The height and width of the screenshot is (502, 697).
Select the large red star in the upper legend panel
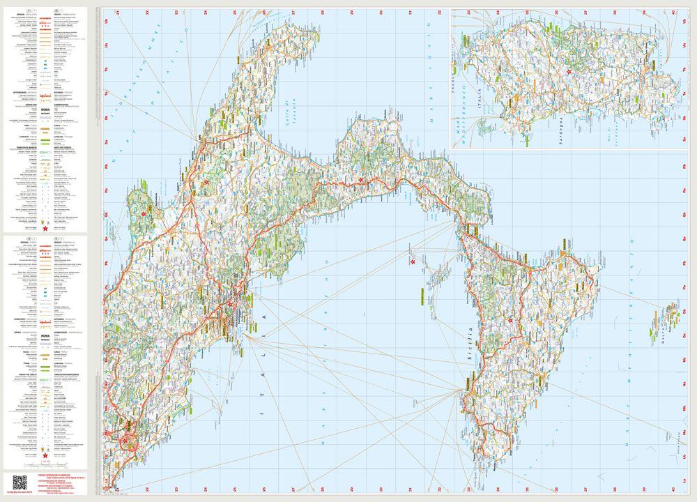tap(45, 228)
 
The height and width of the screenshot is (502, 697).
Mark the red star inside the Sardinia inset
tap(569, 72)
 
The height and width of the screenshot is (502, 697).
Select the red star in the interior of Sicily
tap(511, 321)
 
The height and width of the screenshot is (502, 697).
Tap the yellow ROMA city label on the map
tap(129, 423)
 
